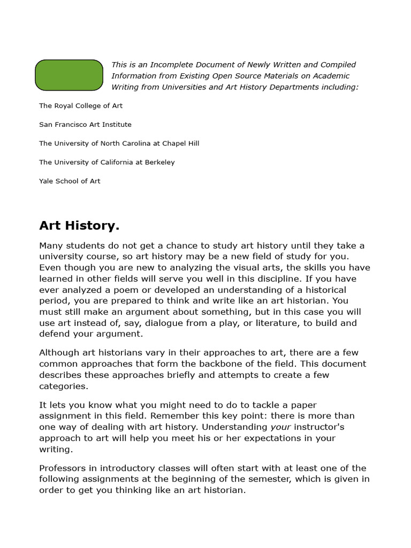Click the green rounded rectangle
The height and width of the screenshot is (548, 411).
[69, 75]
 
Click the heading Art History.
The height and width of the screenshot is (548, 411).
[79, 226]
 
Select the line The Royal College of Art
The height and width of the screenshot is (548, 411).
[81, 106]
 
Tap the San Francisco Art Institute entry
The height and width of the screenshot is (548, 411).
[85, 125]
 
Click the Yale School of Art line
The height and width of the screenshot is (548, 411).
[70, 181]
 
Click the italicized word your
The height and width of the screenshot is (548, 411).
[280, 427]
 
